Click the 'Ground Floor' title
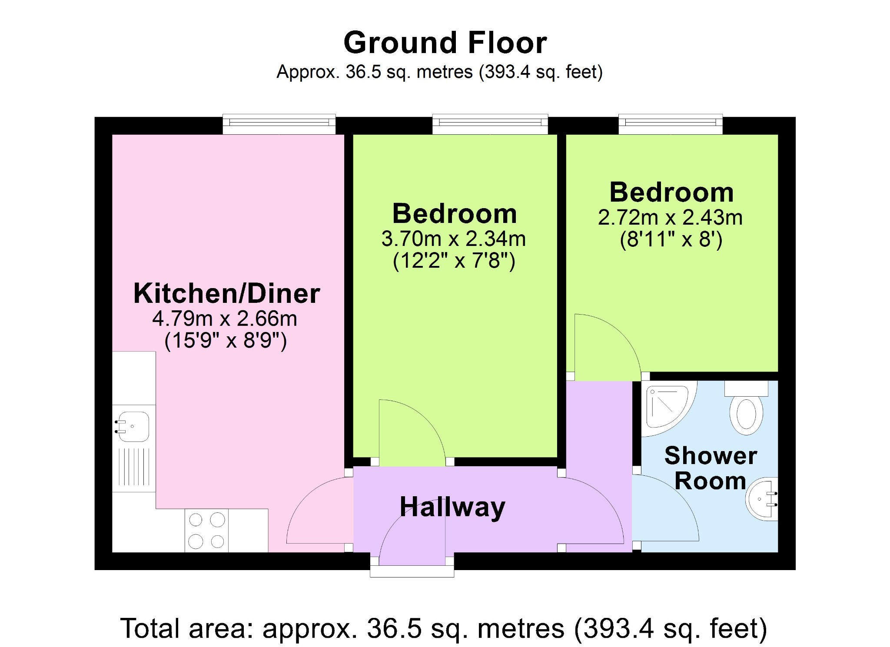point(445,43)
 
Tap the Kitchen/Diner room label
point(226,293)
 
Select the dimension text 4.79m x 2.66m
point(225,319)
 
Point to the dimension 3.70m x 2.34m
point(454,239)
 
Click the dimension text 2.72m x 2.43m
point(671,218)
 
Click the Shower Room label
point(711,468)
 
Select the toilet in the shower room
point(746,408)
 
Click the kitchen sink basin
point(133,427)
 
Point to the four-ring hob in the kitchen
point(206,530)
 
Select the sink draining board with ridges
point(134,467)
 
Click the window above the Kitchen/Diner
point(279,124)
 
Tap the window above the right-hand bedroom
point(671,124)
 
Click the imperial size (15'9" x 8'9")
point(226,341)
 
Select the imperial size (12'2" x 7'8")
point(454,261)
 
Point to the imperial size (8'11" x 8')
point(671,240)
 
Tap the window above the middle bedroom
point(490,124)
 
